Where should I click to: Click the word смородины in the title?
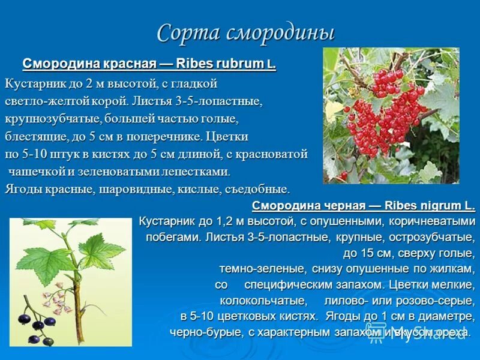(280, 33)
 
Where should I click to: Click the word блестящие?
(34, 136)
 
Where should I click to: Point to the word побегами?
(173, 237)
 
